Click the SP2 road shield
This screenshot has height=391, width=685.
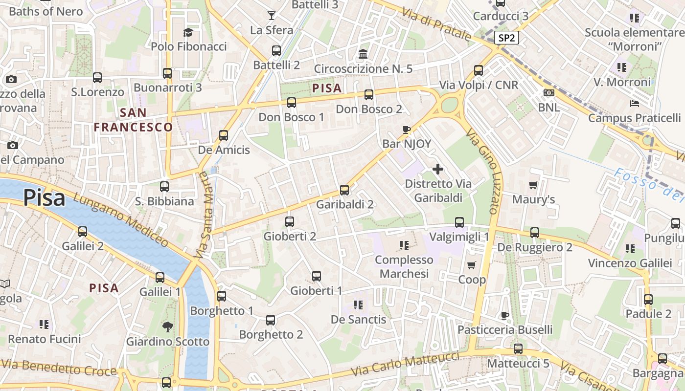[506, 38]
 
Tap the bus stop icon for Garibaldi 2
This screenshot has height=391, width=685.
[344, 190]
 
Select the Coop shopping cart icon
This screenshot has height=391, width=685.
[471, 265]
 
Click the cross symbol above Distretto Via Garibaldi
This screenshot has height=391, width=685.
[438, 169]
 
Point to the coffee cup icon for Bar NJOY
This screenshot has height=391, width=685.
[406, 130]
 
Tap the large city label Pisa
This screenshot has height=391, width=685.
[44, 198]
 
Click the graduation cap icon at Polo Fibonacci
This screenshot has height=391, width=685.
[188, 33]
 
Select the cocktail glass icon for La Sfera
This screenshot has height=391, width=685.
[272, 16]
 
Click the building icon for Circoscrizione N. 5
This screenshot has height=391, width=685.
[363, 54]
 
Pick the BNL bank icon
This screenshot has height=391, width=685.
[549, 92]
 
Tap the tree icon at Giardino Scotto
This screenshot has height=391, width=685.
[168, 326]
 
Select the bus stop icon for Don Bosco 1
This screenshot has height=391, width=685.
[292, 102]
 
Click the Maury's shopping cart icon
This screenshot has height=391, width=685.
[533, 185]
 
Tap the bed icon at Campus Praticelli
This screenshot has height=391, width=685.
[635, 104]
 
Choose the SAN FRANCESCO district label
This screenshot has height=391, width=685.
[133, 120]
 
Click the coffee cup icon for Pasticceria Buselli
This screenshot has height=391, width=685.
[505, 315]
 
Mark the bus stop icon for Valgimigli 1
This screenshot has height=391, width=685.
[459, 222]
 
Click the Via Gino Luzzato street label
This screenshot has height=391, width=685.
[482, 171]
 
